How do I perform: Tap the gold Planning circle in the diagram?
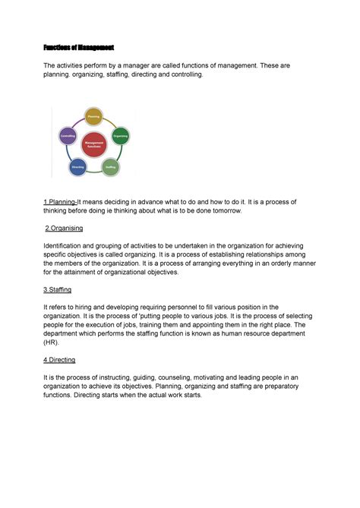click(94, 118)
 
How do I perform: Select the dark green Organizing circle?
click(120, 136)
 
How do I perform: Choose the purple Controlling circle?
click(68, 137)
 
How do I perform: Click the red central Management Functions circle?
click(94, 144)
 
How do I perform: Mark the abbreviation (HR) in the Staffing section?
click(52, 342)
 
